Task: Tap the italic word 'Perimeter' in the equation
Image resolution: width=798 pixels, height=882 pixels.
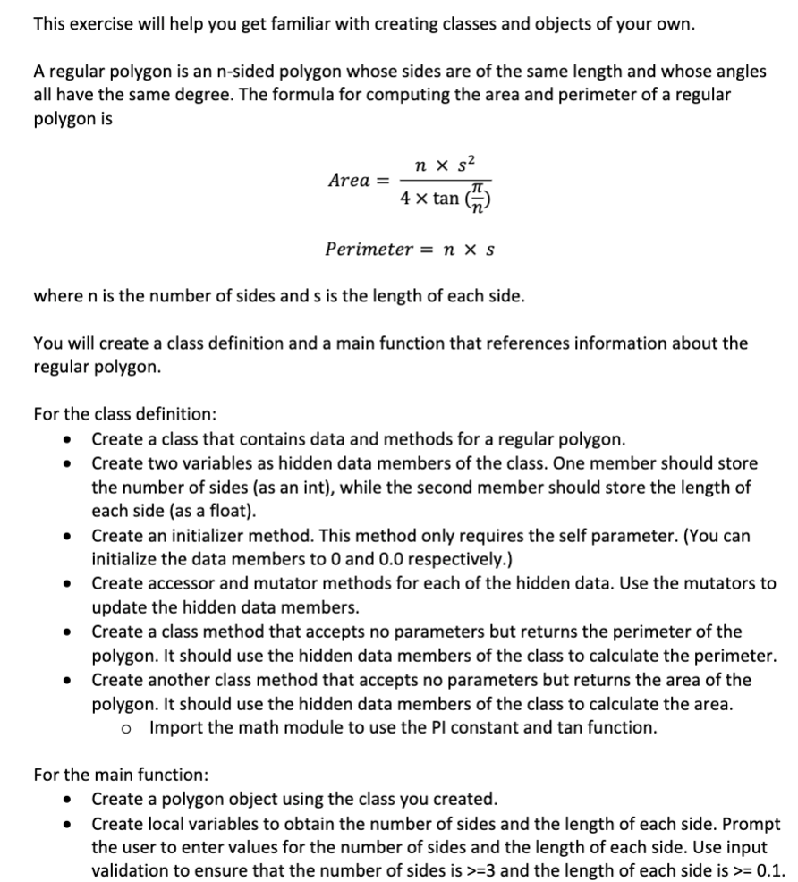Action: click(x=362, y=248)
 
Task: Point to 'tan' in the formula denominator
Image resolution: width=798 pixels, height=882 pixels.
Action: click(x=446, y=198)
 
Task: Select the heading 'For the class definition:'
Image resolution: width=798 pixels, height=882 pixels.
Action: click(x=124, y=415)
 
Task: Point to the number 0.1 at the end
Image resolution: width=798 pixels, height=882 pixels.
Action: click(x=770, y=870)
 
